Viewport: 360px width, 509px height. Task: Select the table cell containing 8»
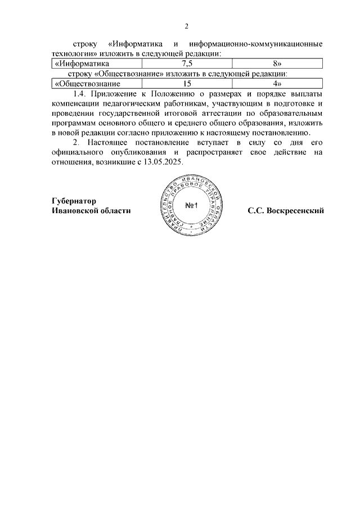click(276, 64)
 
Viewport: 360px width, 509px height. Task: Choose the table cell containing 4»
click(276, 84)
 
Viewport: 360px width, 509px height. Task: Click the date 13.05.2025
click(164, 162)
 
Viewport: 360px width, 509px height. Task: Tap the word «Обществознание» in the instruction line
click(130, 74)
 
